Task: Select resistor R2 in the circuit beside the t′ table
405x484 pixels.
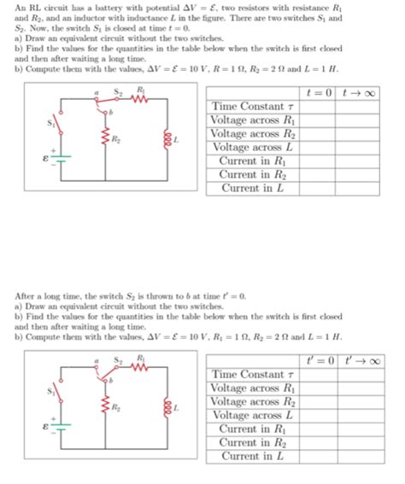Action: pos(105,408)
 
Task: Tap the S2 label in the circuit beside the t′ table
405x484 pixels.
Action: pos(120,357)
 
